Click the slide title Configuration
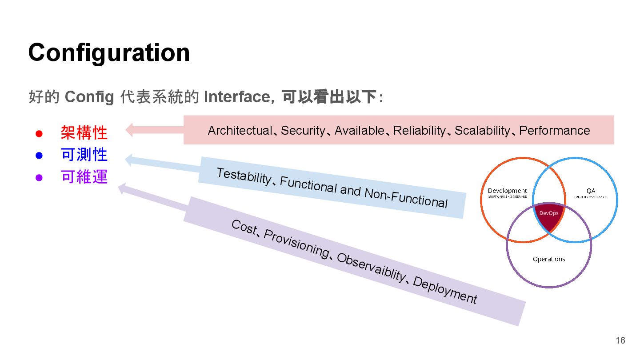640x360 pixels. pos(109,52)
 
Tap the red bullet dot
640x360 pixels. pos(39,133)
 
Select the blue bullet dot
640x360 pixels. pos(39,156)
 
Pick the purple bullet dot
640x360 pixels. pos(39,178)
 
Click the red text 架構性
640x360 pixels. pos(84,132)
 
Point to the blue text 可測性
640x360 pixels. pos(84,155)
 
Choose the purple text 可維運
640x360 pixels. pos(84,177)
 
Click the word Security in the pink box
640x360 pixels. pos(303,131)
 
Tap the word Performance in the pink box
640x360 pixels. pos(554,131)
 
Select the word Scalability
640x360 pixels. pos(482,131)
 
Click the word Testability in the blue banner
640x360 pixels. pos(243,176)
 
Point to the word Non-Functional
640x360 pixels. pos(405,198)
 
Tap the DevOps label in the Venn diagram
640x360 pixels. pos(548,213)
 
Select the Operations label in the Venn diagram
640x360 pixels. pos(549,259)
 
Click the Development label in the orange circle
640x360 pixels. pos(507,191)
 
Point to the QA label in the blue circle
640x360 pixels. pos(590,191)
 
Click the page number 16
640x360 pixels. pos(620,340)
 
